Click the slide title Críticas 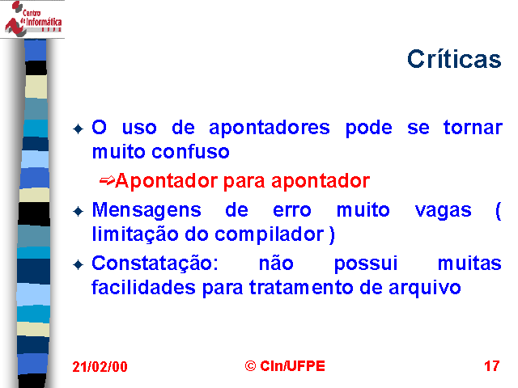(x=454, y=59)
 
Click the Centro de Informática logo (x=32, y=19)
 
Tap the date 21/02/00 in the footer (x=100, y=366)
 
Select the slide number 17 (x=492, y=366)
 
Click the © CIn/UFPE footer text (x=285, y=366)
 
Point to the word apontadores (x=270, y=128)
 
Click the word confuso (x=191, y=152)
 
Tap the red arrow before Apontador (x=107, y=180)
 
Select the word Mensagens (x=146, y=211)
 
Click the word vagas (x=443, y=211)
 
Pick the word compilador (x=270, y=235)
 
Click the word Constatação (x=155, y=264)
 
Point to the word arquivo (x=424, y=288)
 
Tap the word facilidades (x=144, y=288)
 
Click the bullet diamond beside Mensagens (x=78, y=211)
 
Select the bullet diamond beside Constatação (x=78, y=264)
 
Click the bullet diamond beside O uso (x=78, y=129)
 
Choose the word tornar (x=473, y=128)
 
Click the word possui (x=366, y=264)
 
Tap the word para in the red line (x=244, y=182)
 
